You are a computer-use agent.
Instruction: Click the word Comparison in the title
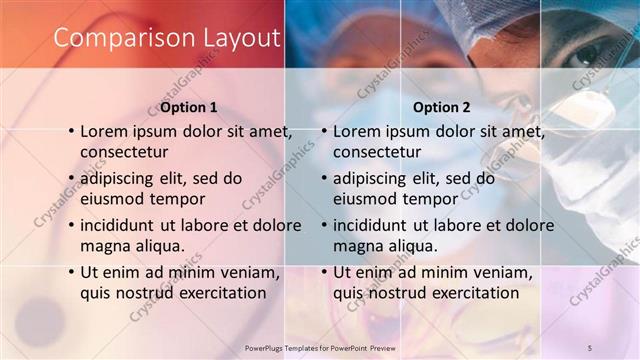[116, 38]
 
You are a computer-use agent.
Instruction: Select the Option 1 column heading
[188, 107]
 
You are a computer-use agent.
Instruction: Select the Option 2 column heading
[441, 107]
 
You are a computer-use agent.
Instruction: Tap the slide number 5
[589, 347]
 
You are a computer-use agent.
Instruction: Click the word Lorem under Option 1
[105, 131]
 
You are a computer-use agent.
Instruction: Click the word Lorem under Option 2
[358, 131]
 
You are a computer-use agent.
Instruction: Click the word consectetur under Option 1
[124, 152]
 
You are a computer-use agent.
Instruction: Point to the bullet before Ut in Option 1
[70, 272]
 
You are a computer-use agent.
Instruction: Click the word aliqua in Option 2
[412, 246]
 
